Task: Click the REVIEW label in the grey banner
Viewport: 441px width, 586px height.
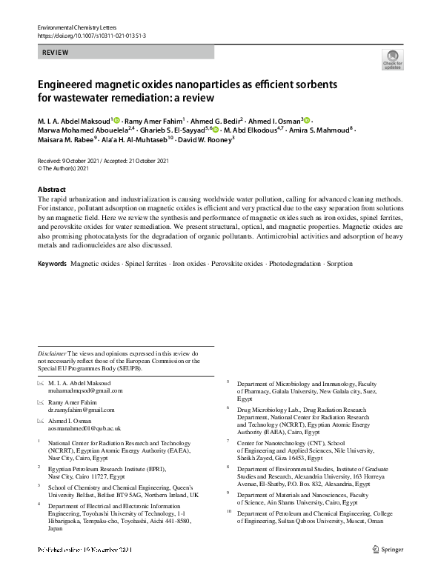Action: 56,53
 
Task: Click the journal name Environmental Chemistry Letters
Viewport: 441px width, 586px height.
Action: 73,27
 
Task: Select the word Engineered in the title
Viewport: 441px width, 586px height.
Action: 68,84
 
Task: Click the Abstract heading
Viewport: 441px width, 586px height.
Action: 51,190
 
